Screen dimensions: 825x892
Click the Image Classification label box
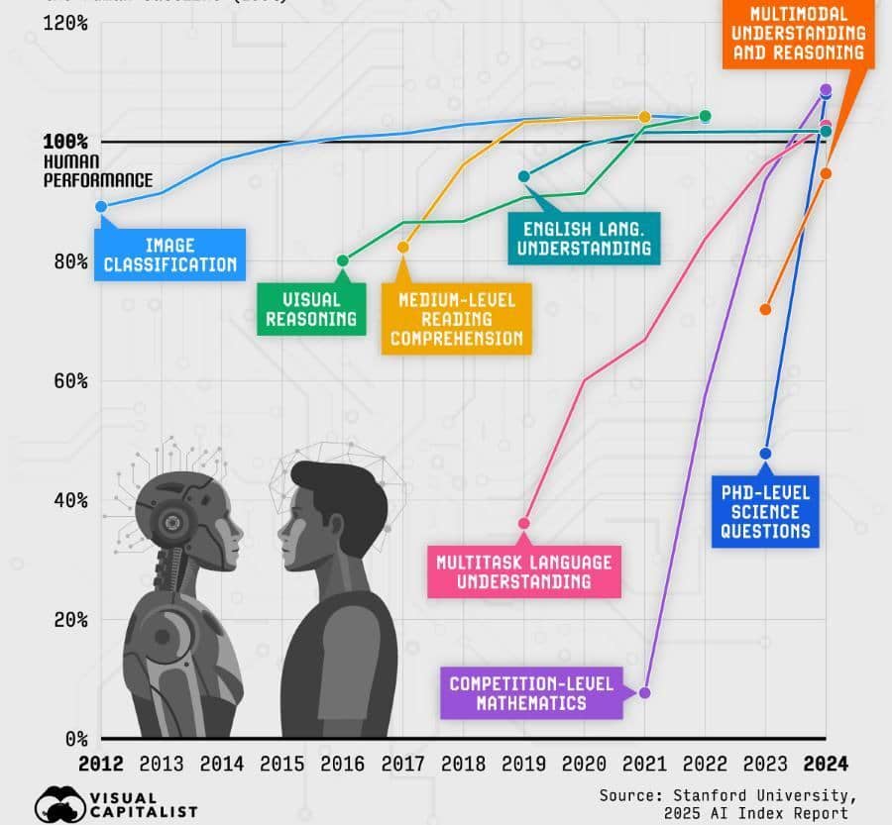168,255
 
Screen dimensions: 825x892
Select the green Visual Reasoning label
311,309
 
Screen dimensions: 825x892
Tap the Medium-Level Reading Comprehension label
456,319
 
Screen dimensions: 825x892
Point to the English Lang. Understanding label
581,239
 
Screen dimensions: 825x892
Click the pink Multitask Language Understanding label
523,571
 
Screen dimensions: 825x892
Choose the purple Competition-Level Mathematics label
531,693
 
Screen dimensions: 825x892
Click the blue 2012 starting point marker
101,206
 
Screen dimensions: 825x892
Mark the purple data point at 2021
644,692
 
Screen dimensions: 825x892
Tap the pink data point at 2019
524,523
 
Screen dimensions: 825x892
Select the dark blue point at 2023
765,454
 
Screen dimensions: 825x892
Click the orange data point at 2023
765,310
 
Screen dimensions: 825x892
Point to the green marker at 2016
343,261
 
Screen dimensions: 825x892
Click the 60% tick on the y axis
64,381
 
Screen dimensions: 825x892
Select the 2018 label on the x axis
463,765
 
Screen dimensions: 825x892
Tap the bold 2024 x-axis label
826,765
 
